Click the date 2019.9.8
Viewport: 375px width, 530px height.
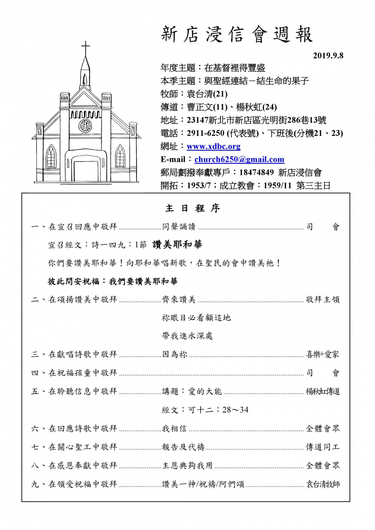(x=328, y=56)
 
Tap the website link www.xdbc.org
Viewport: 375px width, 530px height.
(x=213, y=146)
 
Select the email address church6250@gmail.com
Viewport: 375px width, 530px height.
(x=239, y=160)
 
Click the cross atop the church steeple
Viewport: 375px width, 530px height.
(x=86, y=48)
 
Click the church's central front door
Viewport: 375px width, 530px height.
(x=86, y=171)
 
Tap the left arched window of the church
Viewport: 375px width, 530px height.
(x=50, y=155)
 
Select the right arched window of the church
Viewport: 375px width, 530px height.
(x=120, y=155)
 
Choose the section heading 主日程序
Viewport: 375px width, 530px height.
(x=192, y=208)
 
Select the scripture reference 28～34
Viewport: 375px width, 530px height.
(x=235, y=410)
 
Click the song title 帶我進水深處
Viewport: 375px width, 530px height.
(x=187, y=336)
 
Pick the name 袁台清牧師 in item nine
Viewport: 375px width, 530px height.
(x=323, y=484)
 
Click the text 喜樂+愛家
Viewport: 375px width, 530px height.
(x=322, y=354)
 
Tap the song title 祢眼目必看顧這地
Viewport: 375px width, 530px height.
(x=196, y=318)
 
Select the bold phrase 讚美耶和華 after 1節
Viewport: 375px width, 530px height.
(x=177, y=245)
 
